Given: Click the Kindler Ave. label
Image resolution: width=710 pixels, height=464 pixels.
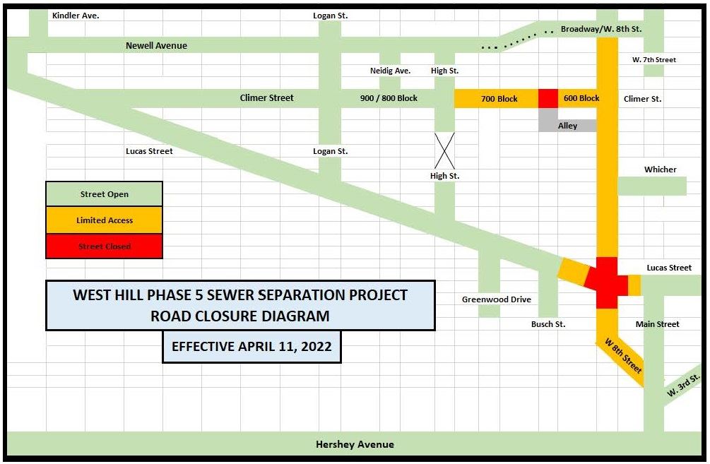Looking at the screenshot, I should (x=76, y=15).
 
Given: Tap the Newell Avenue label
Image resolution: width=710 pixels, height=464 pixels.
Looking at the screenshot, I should (x=156, y=46).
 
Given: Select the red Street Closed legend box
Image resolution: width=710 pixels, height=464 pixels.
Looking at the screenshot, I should (x=105, y=246).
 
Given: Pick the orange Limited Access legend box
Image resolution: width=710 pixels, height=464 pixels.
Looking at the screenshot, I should (x=105, y=220).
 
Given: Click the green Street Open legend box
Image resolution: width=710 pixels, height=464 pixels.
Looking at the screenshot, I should (x=105, y=194).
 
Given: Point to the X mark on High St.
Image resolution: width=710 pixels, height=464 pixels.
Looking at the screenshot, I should (x=444, y=150).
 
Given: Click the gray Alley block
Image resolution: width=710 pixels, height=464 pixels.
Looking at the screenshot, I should (x=567, y=126).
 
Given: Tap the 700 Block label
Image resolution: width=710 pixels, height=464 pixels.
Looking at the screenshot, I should (x=499, y=99).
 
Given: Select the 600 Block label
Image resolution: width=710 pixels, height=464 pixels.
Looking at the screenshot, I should (x=581, y=98).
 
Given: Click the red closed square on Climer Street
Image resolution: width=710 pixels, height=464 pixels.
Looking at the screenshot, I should (x=548, y=99).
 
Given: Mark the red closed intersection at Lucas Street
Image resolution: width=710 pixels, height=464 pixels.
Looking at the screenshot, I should (x=607, y=282).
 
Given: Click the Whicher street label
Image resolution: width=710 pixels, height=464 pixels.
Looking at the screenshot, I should (x=660, y=169).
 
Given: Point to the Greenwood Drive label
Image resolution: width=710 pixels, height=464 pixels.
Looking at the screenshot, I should (x=496, y=299).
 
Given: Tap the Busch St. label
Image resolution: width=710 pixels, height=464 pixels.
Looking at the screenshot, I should (x=548, y=324).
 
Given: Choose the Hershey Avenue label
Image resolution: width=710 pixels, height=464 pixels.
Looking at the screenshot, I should (x=355, y=444).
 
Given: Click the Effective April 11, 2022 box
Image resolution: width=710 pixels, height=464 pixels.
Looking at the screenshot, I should (x=252, y=347).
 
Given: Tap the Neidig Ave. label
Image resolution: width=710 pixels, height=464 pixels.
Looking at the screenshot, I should (x=390, y=71).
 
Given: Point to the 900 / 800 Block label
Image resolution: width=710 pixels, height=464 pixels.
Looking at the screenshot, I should (x=389, y=98).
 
